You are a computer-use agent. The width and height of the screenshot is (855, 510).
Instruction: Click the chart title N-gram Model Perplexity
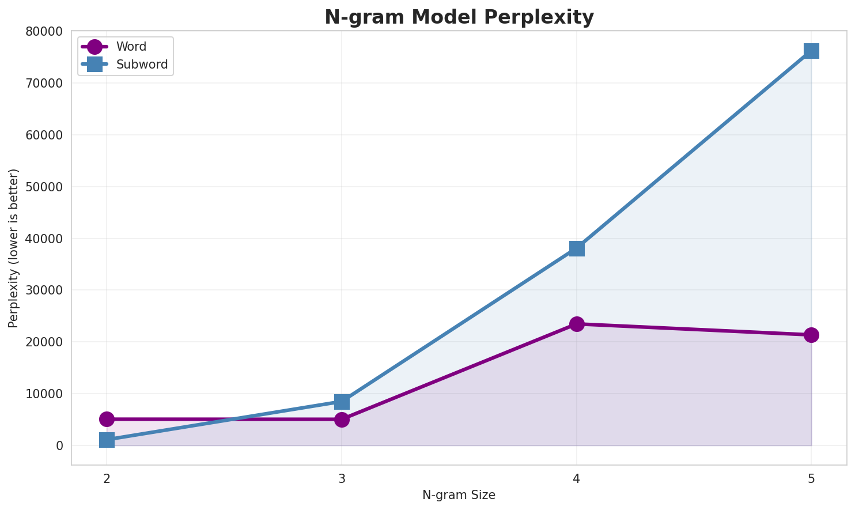point(459,17)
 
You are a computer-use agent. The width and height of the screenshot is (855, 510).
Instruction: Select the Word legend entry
point(131,47)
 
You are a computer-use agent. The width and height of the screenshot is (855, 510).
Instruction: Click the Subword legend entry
point(141,65)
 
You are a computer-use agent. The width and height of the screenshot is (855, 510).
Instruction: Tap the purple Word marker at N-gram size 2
point(107,419)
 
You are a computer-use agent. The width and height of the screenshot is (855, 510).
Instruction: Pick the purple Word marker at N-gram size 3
point(342,419)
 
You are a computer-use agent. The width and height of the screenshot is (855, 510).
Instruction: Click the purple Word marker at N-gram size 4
point(577,324)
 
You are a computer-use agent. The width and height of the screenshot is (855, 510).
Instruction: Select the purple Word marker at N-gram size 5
point(811,335)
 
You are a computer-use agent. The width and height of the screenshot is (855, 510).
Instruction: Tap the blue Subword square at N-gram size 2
point(107,440)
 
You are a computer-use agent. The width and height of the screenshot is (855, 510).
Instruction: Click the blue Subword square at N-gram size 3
point(342,402)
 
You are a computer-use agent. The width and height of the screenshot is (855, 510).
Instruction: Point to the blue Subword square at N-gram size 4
point(577,248)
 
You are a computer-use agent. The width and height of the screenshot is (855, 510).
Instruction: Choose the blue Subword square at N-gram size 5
point(811,51)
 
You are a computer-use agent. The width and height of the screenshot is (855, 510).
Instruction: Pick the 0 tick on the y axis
point(60,445)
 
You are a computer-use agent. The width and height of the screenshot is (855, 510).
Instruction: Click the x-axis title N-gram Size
point(459,495)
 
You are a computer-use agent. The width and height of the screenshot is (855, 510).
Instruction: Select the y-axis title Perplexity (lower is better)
point(14,248)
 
